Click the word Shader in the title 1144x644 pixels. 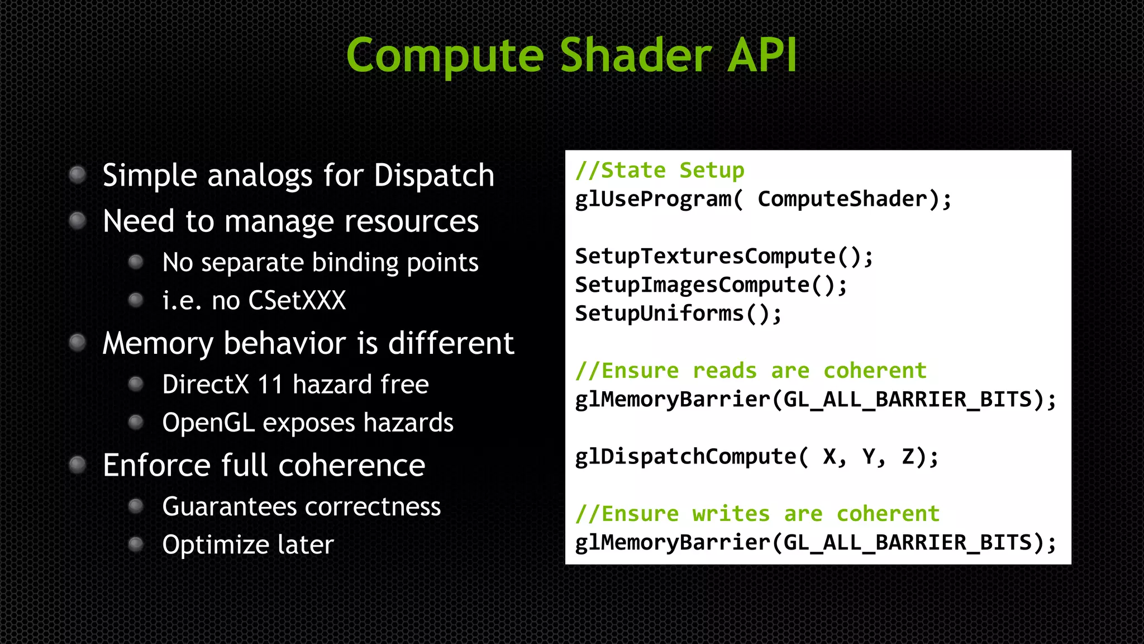(x=636, y=55)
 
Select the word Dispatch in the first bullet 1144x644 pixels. (x=434, y=176)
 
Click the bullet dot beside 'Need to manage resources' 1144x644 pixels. (x=78, y=221)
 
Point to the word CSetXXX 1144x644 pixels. (x=297, y=301)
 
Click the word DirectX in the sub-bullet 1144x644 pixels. (x=206, y=385)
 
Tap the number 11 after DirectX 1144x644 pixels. (x=270, y=385)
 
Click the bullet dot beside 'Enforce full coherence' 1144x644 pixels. (x=78, y=465)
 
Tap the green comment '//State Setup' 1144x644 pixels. (x=660, y=171)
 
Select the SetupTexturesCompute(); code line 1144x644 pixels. (x=724, y=257)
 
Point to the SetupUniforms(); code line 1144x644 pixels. (x=678, y=314)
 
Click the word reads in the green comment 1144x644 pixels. (x=724, y=371)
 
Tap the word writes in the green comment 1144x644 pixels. (x=731, y=514)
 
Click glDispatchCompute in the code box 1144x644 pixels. (x=686, y=457)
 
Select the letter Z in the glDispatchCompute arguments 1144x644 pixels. (x=908, y=457)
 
